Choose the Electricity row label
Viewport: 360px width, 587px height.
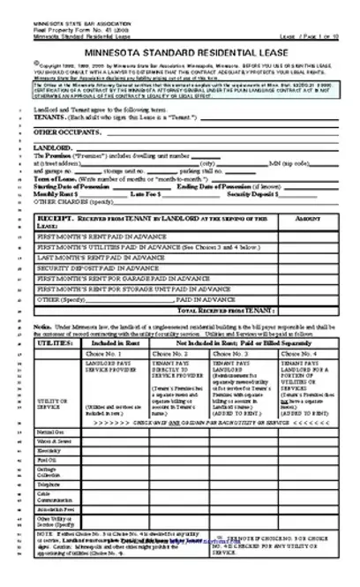coord(49,449)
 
